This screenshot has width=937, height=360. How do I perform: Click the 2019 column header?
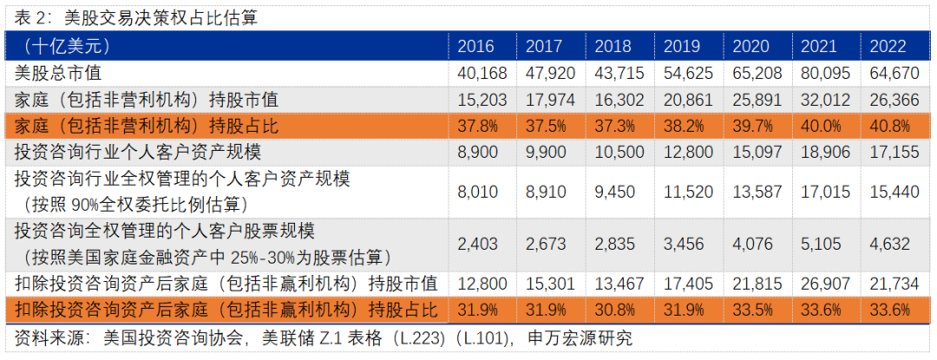pos(682,46)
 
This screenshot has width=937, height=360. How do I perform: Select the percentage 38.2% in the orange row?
pos(681,126)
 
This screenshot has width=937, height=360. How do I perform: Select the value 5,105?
pos(820,244)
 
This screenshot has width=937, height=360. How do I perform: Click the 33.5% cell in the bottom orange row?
pos(750,310)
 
